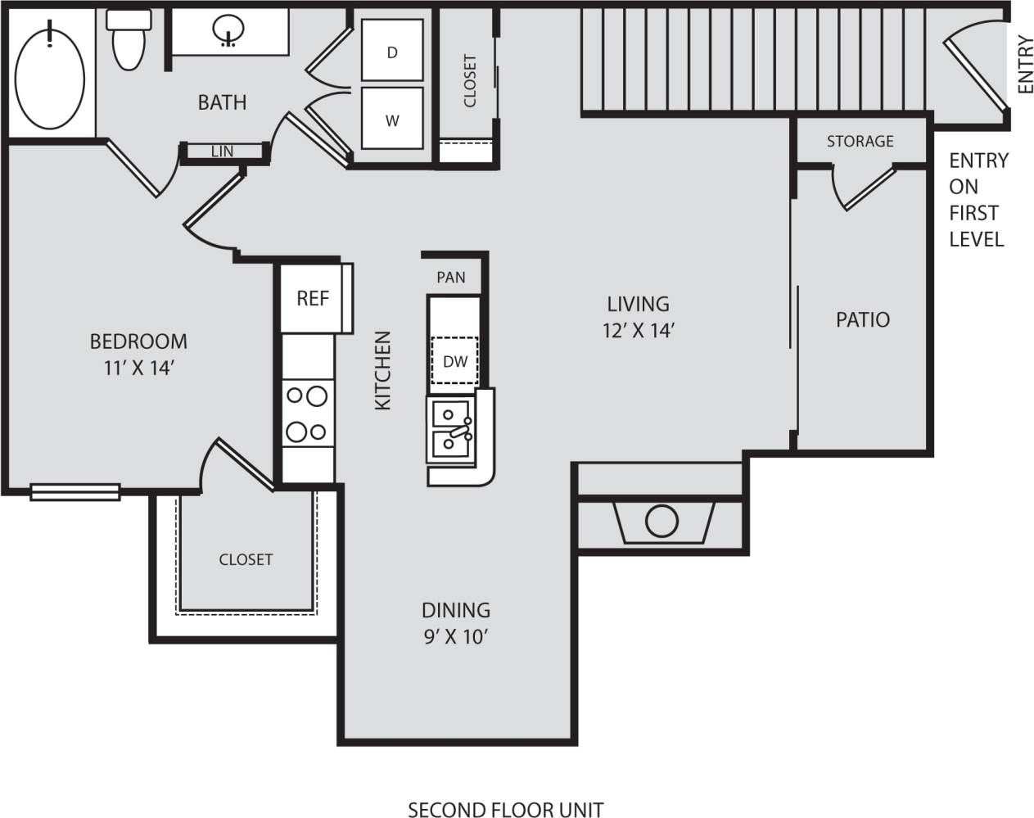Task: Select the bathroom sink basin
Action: point(228,31)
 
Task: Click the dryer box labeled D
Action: point(392,52)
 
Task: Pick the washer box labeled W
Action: point(392,120)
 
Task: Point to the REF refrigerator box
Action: point(313,298)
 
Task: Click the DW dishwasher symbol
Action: point(454,360)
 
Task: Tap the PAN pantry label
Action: point(451,278)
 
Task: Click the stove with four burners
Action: point(306,414)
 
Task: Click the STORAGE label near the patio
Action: point(860,142)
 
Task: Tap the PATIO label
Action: point(863,319)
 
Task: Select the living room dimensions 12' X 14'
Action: point(639,330)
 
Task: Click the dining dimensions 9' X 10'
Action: point(456,636)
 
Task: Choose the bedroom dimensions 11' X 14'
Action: point(138,368)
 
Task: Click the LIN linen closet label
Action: point(222,151)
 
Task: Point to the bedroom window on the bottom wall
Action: point(75,491)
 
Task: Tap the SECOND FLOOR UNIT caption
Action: point(505,809)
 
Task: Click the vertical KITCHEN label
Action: point(383,370)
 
